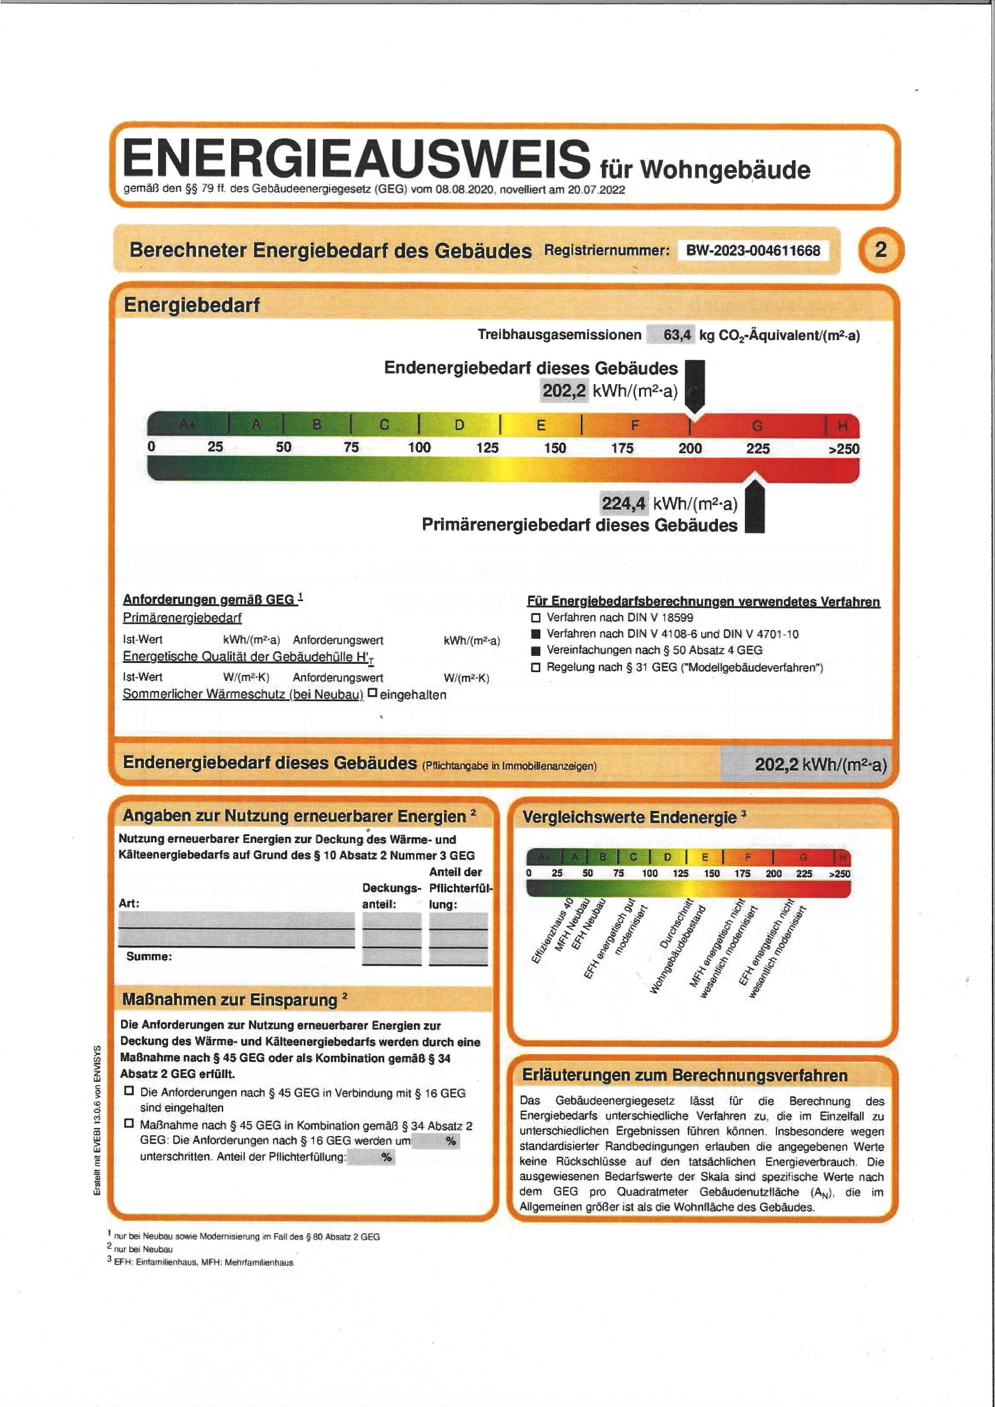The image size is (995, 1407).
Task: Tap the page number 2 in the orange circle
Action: (x=880, y=250)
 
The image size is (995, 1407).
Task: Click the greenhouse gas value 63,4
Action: (x=677, y=335)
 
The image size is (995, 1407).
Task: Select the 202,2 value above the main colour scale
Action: (x=563, y=390)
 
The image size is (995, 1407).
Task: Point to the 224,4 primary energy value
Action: (x=623, y=504)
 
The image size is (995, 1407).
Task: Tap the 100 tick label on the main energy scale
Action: (x=419, y=447)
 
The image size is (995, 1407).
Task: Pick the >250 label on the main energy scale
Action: (x=844, y=448)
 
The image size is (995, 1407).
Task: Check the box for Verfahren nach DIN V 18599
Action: (x=535, y=618)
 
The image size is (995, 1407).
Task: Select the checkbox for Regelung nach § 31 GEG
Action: (x=535, y=667)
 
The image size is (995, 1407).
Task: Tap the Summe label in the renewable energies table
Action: (x=149, y=956)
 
